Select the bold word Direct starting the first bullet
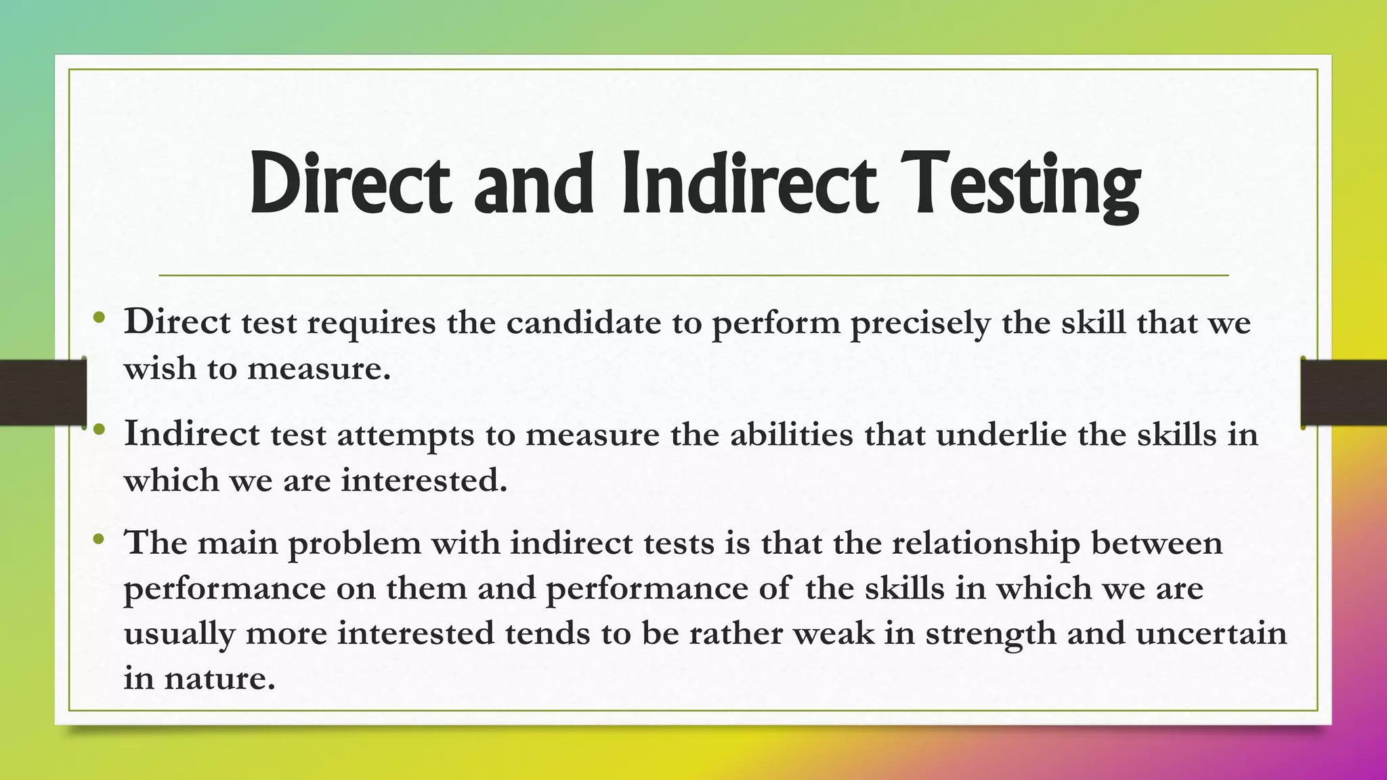(177, 322)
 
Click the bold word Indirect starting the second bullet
(192, 434)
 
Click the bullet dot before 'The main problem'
(99, 540)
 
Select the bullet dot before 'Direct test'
(99, 317)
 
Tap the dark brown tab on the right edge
(1344, 393)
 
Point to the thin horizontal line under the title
(693, 276)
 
